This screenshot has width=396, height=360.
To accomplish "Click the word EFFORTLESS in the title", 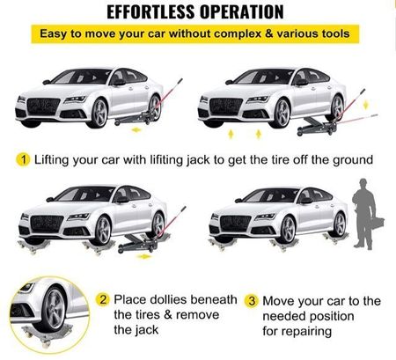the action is (x=151, y=12).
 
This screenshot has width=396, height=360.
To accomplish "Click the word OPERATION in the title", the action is (x=242, y=12).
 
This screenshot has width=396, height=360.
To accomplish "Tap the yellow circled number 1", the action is (x=23, y=160).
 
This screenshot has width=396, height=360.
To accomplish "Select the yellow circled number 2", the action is (x=103, y=300).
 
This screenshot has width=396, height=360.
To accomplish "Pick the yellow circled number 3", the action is (x=252, y=301).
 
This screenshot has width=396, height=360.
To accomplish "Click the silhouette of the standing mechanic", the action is (x=364, y=214).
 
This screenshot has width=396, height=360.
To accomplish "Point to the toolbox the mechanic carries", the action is (x=378, y=224).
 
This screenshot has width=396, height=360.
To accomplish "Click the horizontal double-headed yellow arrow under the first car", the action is (x=136, y=129).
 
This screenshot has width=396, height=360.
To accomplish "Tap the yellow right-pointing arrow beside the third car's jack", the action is (x=143, y=257).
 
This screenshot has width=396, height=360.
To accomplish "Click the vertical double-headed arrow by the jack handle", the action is (x=365, y=105).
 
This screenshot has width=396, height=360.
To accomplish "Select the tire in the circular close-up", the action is (x=53, y=310).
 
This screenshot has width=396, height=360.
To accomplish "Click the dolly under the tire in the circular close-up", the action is (x=47, y=334).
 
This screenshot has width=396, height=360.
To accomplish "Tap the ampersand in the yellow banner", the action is (x=268, y=33).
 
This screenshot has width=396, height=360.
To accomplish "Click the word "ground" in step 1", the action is (x=353, y=160).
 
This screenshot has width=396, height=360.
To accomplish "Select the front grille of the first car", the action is (x=43, y=107).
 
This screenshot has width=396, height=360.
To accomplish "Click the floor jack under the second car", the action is (x=317, y=126).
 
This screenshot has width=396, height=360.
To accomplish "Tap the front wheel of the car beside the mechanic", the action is (x=288, y=230).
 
